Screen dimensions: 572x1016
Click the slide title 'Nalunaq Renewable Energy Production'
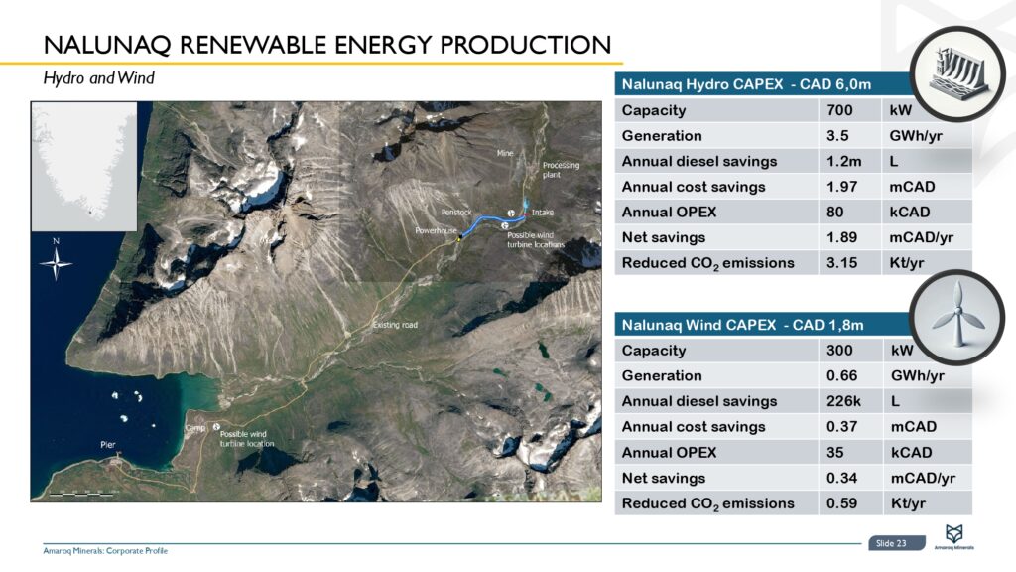click(x=326, y=45)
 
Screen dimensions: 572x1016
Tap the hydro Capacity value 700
click(x=839, y=110)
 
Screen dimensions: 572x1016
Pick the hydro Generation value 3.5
click(x=836, y=136)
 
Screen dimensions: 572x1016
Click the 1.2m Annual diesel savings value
click(x=842, y=161)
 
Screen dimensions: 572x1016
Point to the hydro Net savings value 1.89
click(x=842, y=237)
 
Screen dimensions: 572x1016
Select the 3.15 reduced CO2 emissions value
click(x=842, y=263)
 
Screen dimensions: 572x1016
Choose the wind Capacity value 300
click(x=839, y=351)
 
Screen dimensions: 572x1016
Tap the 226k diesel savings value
click(x=842, y=401)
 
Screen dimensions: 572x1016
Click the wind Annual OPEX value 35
click(x=835, y=453)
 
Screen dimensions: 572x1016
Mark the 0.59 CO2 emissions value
click(x=842, y=503)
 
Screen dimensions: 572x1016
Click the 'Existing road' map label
click(x=395, y=325)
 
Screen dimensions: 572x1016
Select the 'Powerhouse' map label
click(x=434, y=229)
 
